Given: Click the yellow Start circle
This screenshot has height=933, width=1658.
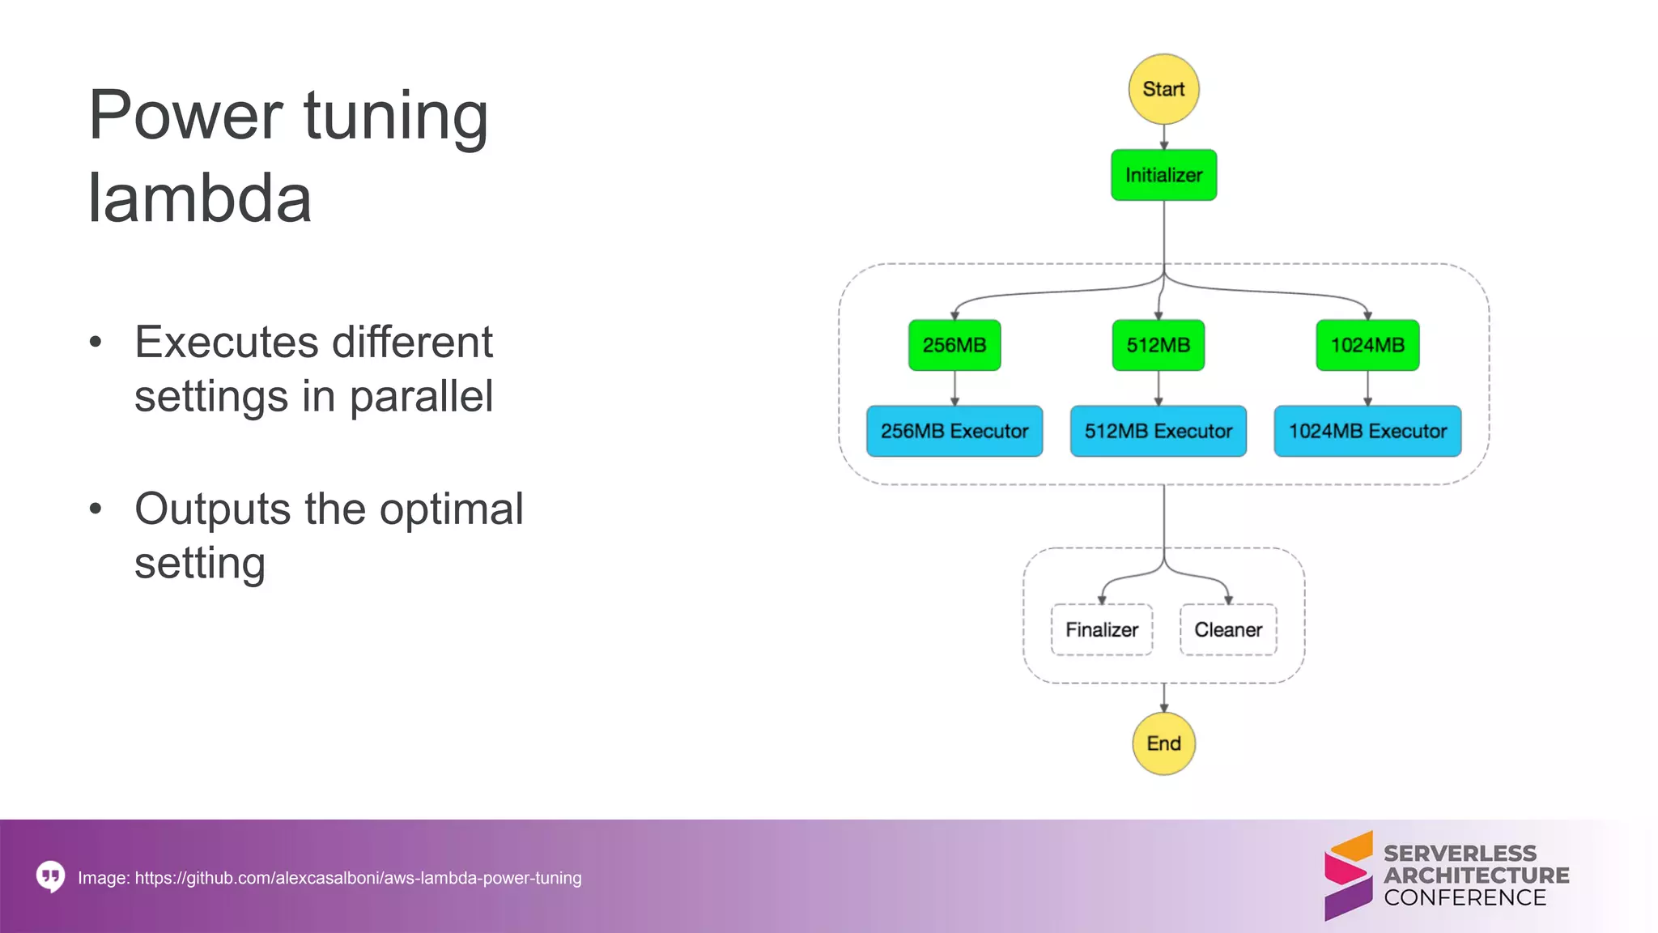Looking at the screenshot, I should coord(1163,89).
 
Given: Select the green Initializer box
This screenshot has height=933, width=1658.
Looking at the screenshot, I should coord(1163,175).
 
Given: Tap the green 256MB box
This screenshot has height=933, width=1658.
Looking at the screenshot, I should coord(954,345).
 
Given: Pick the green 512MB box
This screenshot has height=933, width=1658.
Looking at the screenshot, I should coord(1158,345).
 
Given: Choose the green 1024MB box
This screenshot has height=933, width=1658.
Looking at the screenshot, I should coord(1367,345).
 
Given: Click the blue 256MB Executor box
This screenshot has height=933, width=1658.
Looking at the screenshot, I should coord(954,431).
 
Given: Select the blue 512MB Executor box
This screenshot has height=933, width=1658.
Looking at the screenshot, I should coord(1158,431).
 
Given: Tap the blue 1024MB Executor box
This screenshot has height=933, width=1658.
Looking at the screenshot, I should coord(1367,431).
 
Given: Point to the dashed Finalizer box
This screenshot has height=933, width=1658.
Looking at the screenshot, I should coord(1101,629).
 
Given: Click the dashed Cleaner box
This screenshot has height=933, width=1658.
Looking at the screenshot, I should coord(1228,629).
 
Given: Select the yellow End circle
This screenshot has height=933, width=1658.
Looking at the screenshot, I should coord(1163,743).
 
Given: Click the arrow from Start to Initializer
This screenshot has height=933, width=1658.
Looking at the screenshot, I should coord(1164,138).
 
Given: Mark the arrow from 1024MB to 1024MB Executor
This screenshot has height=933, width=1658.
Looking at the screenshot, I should coord(1367,389).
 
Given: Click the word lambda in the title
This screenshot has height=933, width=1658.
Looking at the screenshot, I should coord(199,198).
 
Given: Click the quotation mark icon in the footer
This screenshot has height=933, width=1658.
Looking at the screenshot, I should coord(50,876).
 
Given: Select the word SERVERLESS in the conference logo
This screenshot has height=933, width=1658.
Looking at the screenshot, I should coord(1460,854).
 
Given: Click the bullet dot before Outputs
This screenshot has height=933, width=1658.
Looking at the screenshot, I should coord(96,509).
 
